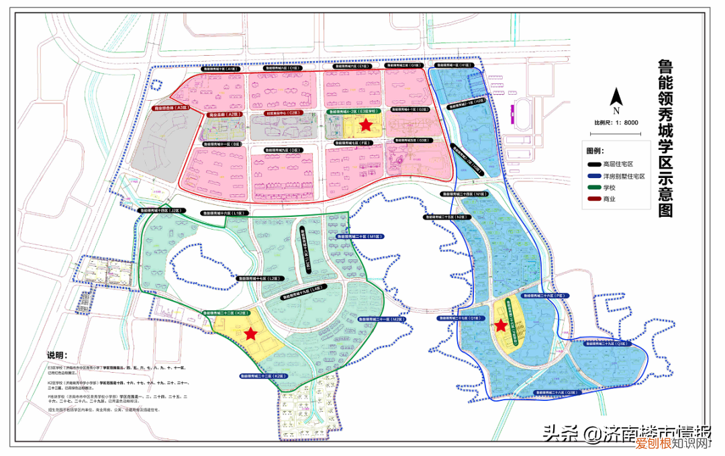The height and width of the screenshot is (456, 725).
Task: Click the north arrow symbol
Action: [x=616, y=99]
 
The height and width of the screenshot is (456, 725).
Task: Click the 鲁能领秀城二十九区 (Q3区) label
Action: [x=608, y=343]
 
